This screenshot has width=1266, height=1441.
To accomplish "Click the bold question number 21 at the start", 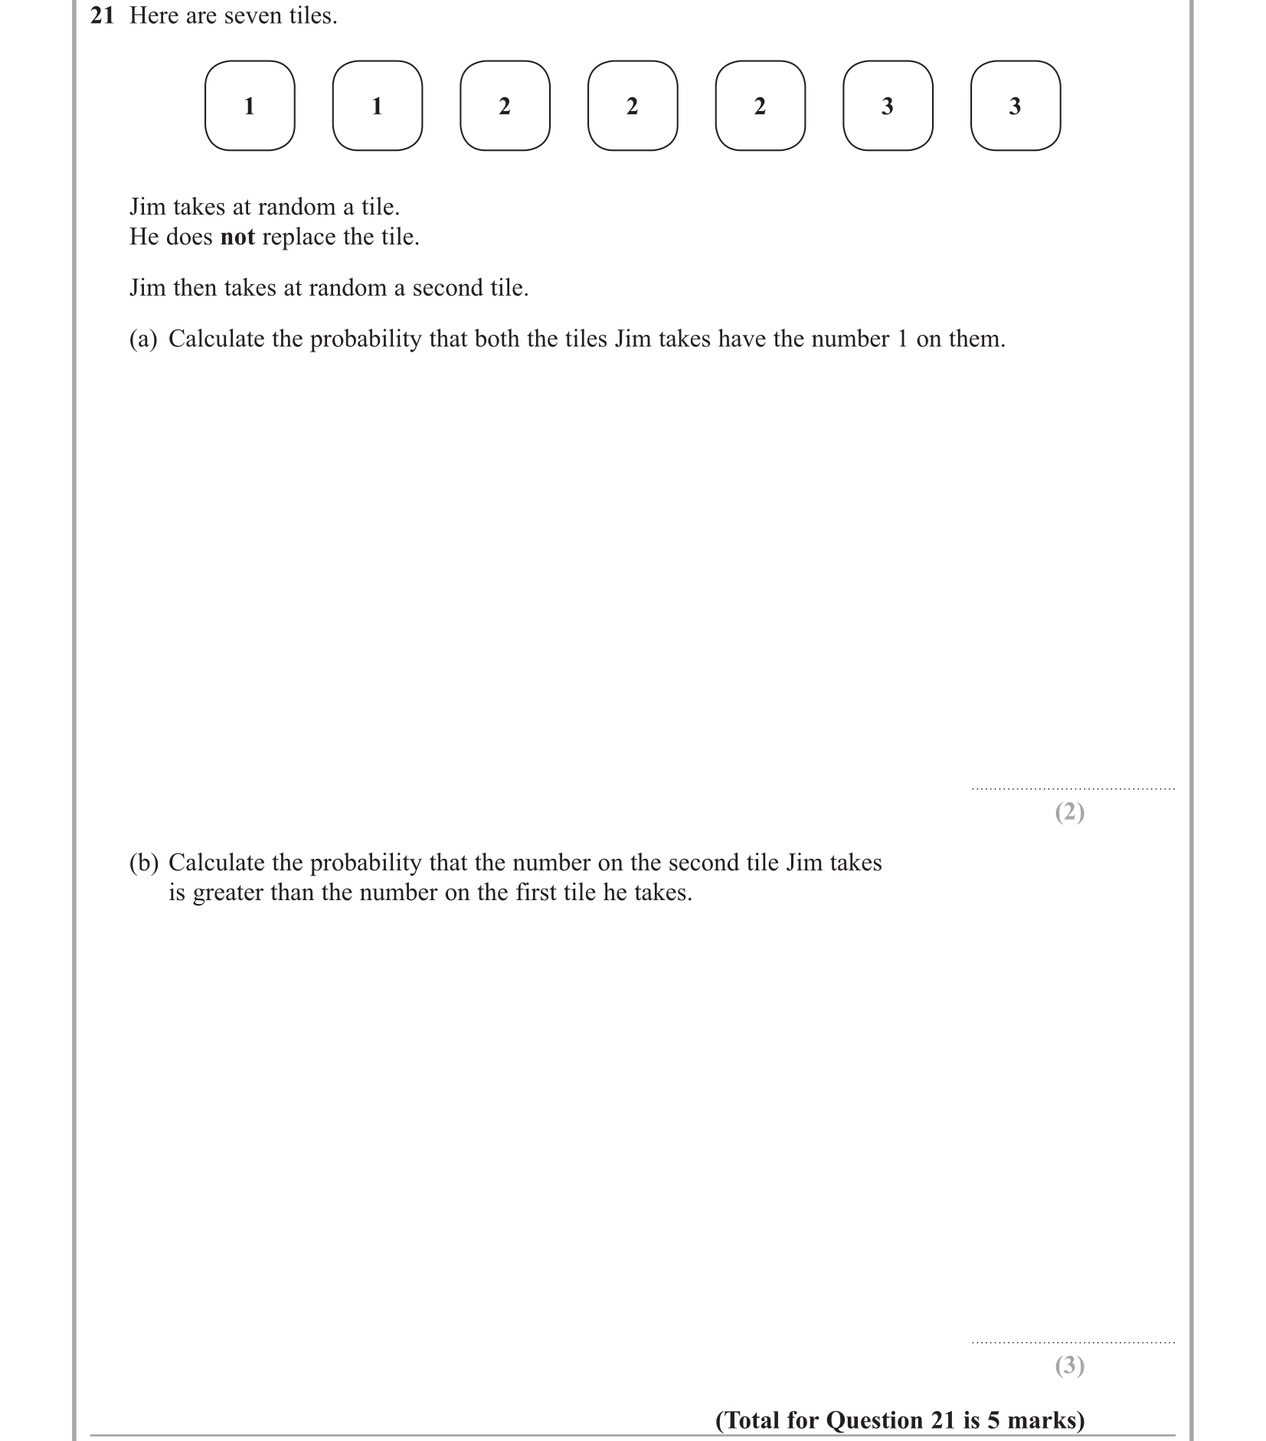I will coord(102,16).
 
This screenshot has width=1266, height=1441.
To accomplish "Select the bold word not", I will coord(237,237).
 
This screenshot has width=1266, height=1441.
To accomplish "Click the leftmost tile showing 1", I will coord(250,106).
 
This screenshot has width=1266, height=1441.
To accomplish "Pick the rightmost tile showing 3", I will coord(1015,106).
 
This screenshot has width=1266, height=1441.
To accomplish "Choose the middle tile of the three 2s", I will coord(633,106).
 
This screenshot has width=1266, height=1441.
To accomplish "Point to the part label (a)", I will coord(143,339).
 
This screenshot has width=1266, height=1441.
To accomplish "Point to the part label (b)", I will coord(143,863).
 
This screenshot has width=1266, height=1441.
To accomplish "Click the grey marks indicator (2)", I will coord(1069,812).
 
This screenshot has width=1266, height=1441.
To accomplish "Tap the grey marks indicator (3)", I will coord(1069,1366).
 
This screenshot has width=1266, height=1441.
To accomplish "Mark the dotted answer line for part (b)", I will coord(1072,1342).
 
